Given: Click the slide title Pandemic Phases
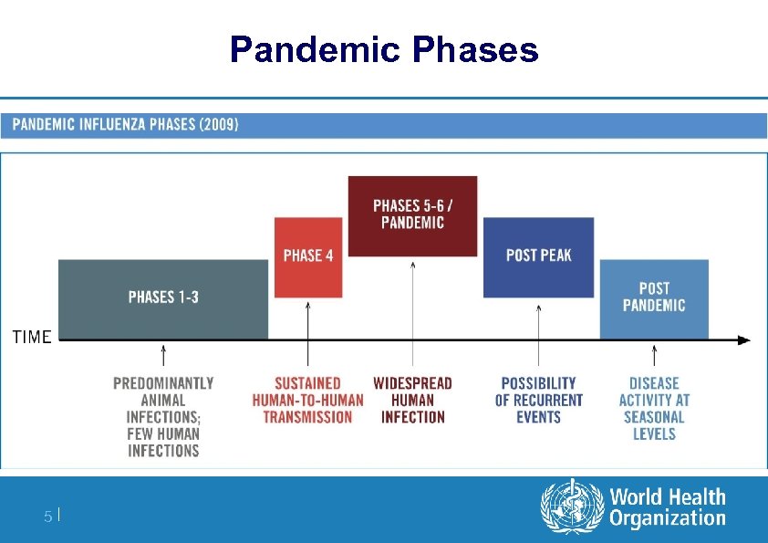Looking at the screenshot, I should pos(384,49).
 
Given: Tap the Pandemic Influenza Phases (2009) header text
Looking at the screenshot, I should pos(126,125).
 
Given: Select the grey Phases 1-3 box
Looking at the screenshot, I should pos(163,298).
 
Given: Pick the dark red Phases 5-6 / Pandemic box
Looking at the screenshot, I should pos(412,214).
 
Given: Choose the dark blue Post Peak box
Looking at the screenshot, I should pos(538,256).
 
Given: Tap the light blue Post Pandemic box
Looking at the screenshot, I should pos(654,298).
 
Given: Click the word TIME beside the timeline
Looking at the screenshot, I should pos(32,338).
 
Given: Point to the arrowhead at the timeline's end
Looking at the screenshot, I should pos(744,340).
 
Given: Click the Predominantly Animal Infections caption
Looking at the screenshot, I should pos(163,416).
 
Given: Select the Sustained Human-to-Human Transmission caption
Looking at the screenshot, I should pos(307,400).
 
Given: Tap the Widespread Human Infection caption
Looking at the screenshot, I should pos(412,400).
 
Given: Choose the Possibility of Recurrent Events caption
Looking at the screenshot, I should pos(538,400).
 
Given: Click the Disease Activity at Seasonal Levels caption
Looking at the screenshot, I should pos(654,408).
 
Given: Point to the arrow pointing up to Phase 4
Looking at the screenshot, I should pos(308,319).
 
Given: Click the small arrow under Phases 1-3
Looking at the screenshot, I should pos(163,357).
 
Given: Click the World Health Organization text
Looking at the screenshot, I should pos(667,508).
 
